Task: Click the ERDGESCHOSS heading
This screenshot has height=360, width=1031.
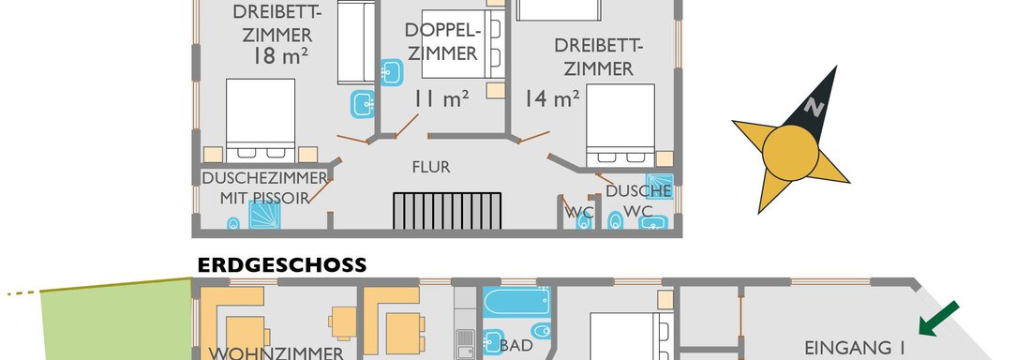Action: pyautogui.click(x=281, y=265)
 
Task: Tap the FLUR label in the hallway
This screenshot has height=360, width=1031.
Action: pyautogui.click(x=431, y=168)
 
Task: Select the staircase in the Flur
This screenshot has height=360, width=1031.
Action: pyautogui.click(x=447, y=209)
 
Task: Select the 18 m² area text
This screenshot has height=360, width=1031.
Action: pyautogui.click(x=280, y=57)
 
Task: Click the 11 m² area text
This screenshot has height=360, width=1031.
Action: pyautogui.click(x=441, y=97)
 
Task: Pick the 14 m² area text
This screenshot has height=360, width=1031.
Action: pyautogui.click(x=551, y=97)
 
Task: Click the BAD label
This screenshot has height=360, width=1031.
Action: pyautogui.click(x=516, y=345)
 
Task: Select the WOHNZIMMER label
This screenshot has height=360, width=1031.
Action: pyautogui.click(x=272, y=353)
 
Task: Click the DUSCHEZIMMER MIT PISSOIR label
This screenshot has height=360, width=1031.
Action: pyautogui.click(x=263, y=187)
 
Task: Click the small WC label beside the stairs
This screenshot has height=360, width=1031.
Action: pyautogui.click(x=580, y=213)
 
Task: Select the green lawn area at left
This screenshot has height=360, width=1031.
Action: pyautogui.click(x=112, y=323)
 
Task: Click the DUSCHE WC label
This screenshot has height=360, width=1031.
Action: pyautogui.click(x=637, y=200)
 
